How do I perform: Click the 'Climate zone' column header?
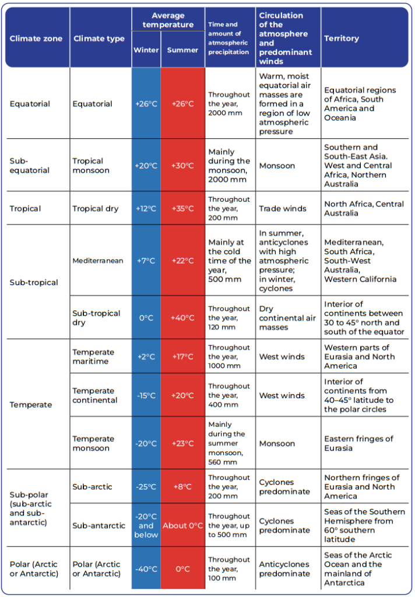pyautogui.click(x=36, y=38)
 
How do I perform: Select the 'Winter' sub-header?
pyautogui.click(x=146, y=50)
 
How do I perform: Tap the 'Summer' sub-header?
pyautogui.click(x=182, y=50)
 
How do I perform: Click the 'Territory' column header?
pyautogui.click(x=342, y=38)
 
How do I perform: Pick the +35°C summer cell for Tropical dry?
pyautogui.click(x=182, y=209)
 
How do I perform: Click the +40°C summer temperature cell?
pyautogui.click(x=182, y=318)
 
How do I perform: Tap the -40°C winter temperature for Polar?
pyautogui.click(x=146, y=569)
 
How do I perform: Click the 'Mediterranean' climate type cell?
pyautogui.click(x=98, y=261)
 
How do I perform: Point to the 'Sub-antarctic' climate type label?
pyautogui.click(x=99, y=525)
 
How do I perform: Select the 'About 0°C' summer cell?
pyautogui.click(x=182, y=525)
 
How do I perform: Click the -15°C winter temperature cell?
pyautogui.click(x=146, y=395)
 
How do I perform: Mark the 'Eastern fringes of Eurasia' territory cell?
pyautogui.click(x=358, y=443)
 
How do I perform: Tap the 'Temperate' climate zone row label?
pyautogui.click(x=31, y=405)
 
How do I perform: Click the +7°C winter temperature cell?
pyautogui.click(x=146, y=261)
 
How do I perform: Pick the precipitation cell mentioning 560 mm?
pyautogui.click(x=228, y=443)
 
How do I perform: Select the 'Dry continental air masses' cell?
pyautogui.click(x=286, y=318)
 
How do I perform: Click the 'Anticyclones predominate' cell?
pyautogui.click(x=284, y=569)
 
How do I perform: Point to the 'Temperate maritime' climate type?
pyautogui.click(x=93, y=357)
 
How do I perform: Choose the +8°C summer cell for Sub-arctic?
pyautogui.click(x=182, y=487)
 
